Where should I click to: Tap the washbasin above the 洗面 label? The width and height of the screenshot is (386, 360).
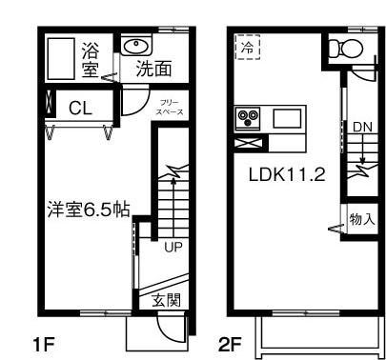point(134,46)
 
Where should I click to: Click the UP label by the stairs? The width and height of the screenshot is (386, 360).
point(173,249)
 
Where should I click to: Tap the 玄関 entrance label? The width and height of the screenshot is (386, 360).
point(167,299)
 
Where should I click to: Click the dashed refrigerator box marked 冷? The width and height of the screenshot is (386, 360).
point(248,47)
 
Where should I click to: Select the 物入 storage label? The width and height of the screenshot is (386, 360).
point(362,220)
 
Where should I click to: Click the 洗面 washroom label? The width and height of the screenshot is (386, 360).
point(153,69)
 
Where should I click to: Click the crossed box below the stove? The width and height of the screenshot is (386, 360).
point(248,144)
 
